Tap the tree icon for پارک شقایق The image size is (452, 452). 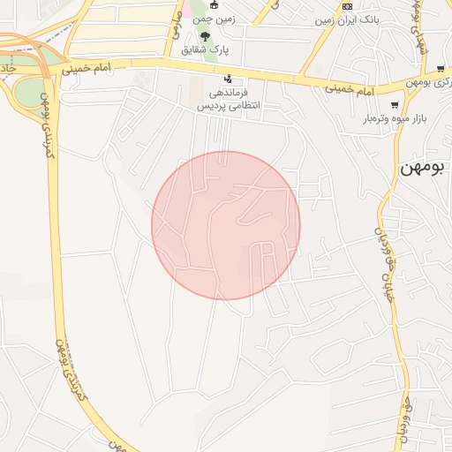coord(206,36)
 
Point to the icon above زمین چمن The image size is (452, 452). coord(213,5)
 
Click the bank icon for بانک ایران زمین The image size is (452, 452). coord(347,5)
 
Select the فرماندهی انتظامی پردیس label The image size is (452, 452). coord(232,97)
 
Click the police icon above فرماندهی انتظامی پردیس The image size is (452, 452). coord(230,79)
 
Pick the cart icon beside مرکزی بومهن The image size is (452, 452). coord(440,68)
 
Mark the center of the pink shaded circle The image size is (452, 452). coord(226,226)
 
